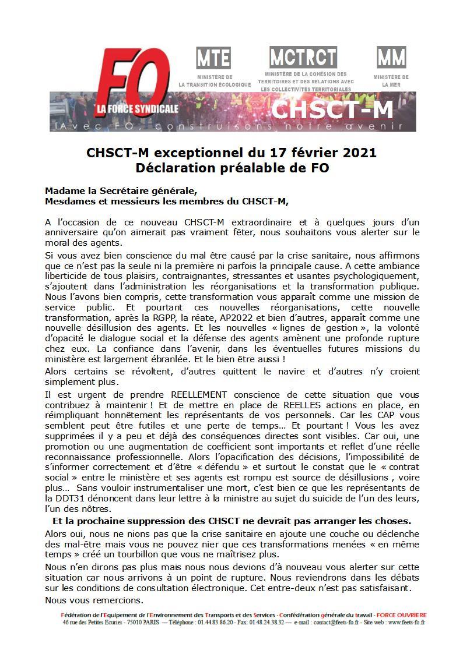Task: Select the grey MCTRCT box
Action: (x=303, y=57)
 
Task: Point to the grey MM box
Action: (x=391, y=58)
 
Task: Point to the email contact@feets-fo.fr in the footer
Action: (x=337, y=622)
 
